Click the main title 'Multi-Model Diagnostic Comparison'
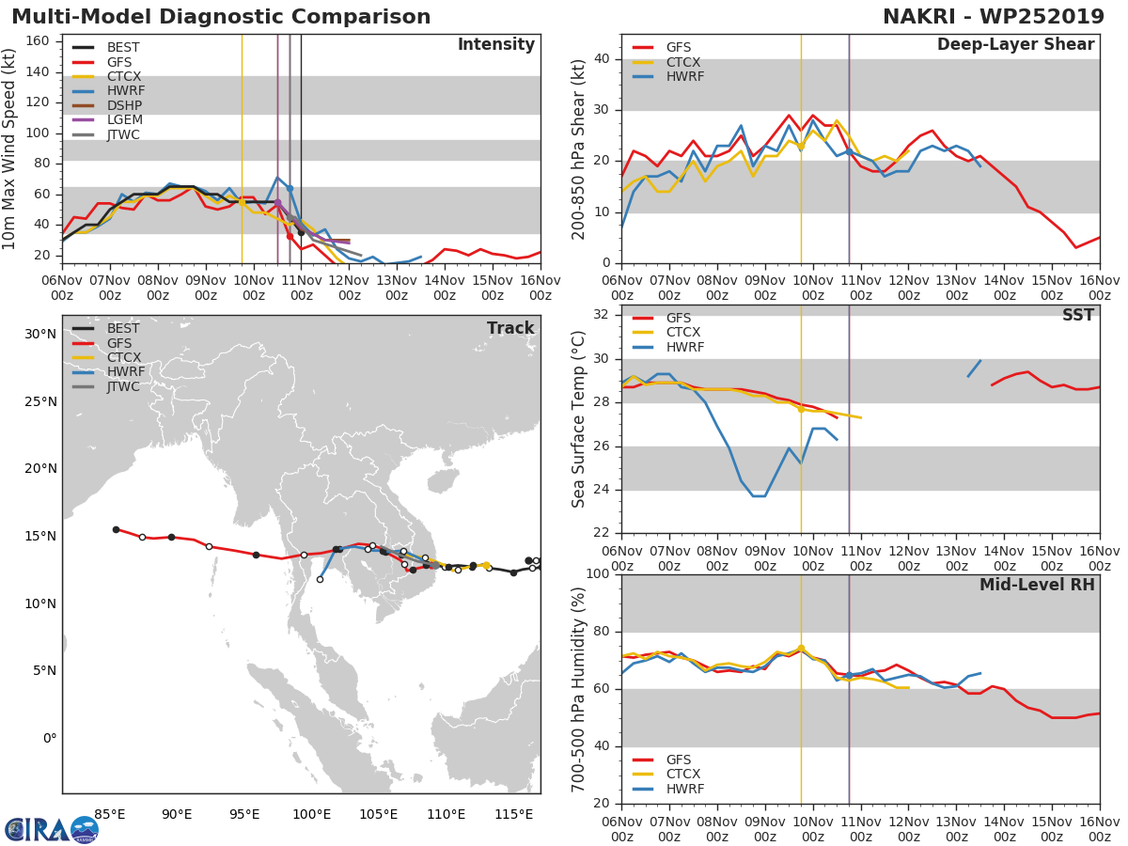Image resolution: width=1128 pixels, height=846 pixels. (x=221, y=17)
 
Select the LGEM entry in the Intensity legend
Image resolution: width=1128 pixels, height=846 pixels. (x=125, y=119)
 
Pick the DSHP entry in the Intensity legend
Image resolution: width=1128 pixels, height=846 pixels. (x=125, y=105)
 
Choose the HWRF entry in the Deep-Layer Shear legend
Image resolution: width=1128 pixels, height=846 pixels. (x=684, y=76)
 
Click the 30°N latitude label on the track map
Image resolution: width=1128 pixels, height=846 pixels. (x=40, y=334)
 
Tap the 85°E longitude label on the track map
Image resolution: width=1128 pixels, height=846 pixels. (x=110, y=814)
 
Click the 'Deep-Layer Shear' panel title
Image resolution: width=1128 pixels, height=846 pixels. (x=1015, y=45)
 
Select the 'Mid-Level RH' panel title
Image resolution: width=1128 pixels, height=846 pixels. (x=1037, y=585)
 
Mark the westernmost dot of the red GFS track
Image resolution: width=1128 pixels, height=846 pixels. (x=116, y=529)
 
